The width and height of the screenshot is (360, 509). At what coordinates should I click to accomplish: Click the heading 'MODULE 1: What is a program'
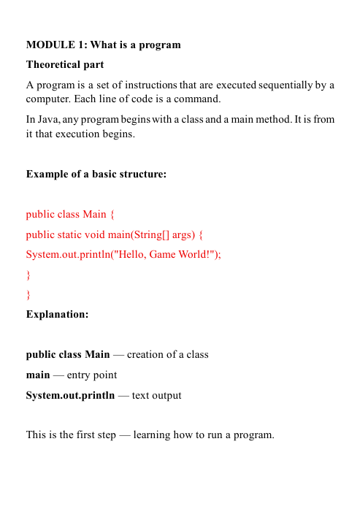tap(103, 45)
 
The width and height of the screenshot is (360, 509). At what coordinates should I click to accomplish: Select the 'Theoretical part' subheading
tap(65, 65)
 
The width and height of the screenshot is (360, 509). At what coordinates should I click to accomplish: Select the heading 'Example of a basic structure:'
tap(96, 174)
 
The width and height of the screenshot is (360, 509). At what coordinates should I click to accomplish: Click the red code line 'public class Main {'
tap(70, 215)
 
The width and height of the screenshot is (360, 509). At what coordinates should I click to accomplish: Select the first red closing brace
tap(28, 275)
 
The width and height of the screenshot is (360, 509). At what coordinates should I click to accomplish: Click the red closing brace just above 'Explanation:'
tap(28, 295)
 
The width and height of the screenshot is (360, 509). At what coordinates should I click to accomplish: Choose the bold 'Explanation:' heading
tap(57, 315)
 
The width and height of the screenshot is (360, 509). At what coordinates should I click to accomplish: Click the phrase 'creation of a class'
tap(168, 354)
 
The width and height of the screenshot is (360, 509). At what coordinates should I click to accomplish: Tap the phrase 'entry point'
tap(91, 375)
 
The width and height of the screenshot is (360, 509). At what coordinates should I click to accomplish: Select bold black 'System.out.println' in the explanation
tap(70, 395)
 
